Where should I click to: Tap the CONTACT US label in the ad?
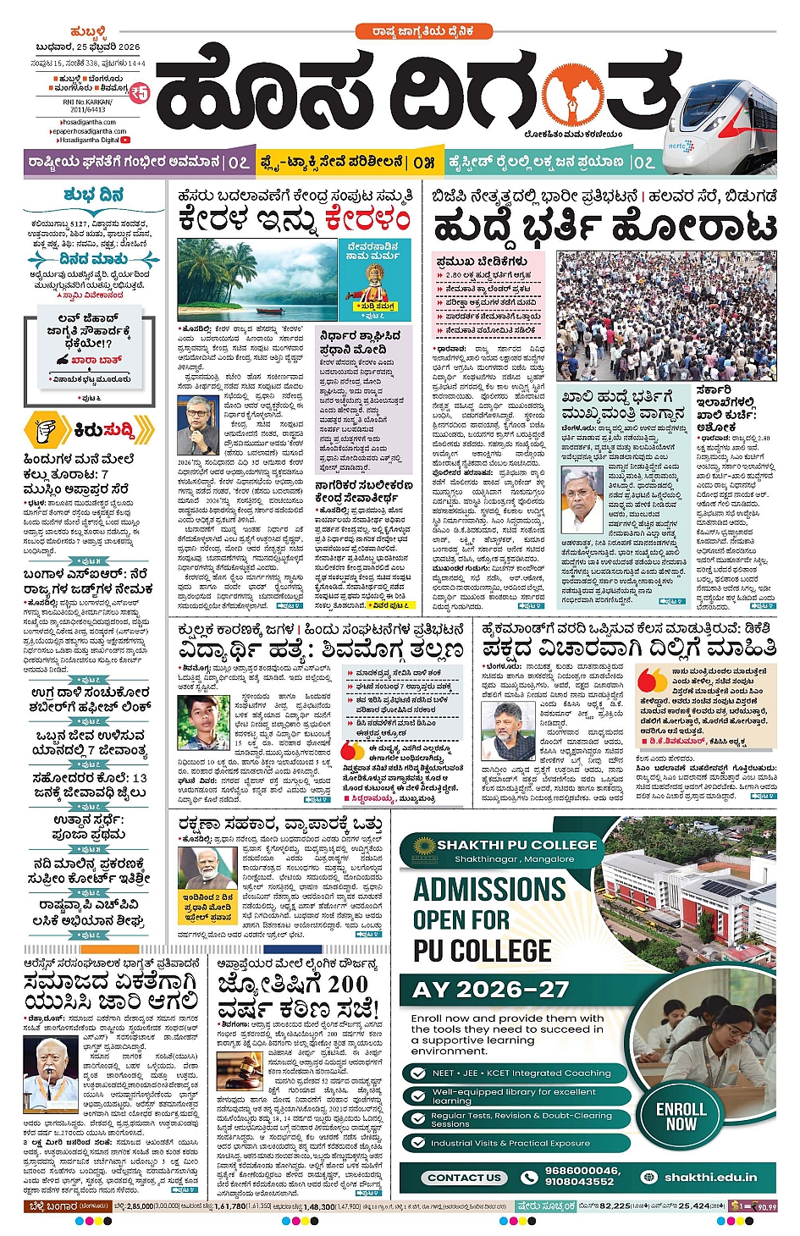[x=465, y=1177]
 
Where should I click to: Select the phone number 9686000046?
[x=582, y=1171]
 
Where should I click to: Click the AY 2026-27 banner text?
[x=490, y=990]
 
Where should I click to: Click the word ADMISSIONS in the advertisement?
[x=489, y=890]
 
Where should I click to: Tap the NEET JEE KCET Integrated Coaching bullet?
[x=521, y=1073]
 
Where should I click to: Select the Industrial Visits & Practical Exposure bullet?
[x=510, y=1143]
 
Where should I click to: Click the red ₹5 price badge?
[x=139, y=92]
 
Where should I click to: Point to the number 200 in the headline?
[x=348, y=984]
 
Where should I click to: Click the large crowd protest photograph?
[x=665, y=316]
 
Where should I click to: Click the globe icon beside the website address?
[x=649, y=1177]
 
